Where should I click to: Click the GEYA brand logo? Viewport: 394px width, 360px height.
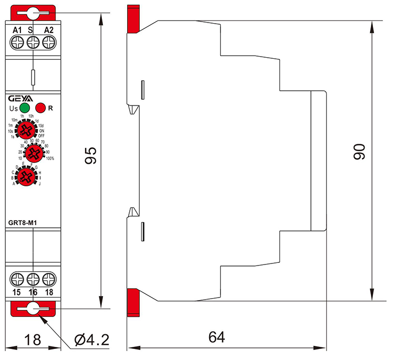point(20,98)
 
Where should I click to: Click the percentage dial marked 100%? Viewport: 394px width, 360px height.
point(33,153)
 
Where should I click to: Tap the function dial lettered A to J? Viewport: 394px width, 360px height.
point(25,177)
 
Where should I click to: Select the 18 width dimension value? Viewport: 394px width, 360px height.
point(33,340)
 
